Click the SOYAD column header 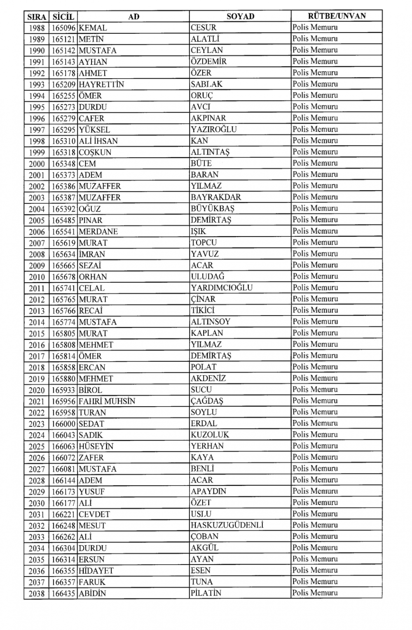(240, 16)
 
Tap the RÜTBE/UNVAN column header (336, 16)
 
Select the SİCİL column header (63, 17)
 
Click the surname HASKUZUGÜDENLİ (227, 525)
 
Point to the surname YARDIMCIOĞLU (222, 288)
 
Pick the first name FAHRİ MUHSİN (107, 401)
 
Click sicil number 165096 (63, 28)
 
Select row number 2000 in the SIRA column (37, 164)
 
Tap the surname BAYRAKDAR (216, 197)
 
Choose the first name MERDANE (98, 232)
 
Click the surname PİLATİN (206, 593)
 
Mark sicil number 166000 (63, 424)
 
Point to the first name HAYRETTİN (101, 84)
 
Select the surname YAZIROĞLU (214, 129)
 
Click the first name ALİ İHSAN (98, 141)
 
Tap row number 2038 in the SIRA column (37, 594)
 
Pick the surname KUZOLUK (210, 435)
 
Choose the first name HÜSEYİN (96, 446)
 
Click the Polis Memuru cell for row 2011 (315, 288)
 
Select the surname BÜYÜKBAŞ (213, 208)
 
